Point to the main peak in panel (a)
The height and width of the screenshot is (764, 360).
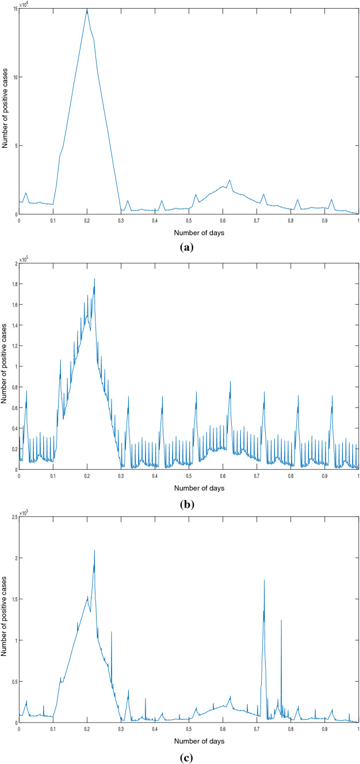point(87,9)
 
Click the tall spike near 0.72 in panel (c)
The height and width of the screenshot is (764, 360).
point(264,581)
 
